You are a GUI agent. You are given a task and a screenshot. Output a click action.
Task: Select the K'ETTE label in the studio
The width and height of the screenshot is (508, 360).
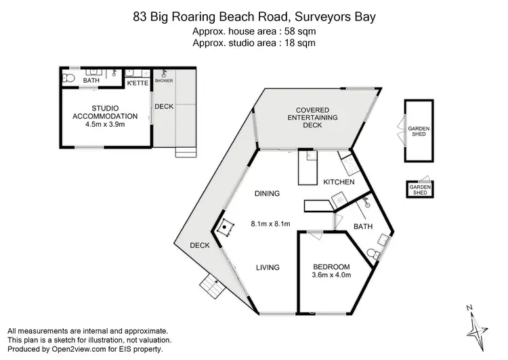pyautogui.click(x=137, y=83)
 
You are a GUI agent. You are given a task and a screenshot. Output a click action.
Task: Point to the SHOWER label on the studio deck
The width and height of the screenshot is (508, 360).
pyautogui.click(x=164, y=80)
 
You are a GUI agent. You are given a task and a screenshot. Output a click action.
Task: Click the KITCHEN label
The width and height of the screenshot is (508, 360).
pyautogui.click(x=339, y=182)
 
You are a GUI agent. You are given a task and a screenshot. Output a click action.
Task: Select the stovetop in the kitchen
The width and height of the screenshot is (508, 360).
pyautogui.click(x=346, y=164)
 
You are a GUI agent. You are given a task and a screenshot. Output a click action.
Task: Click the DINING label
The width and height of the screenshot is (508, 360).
pyautogui.click(x=267, y=194)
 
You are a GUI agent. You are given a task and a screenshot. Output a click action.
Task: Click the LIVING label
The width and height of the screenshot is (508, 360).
pyautogui.click(x=268, y=268)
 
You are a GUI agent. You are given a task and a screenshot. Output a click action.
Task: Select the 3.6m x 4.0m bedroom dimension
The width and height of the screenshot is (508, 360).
pyautogui.click(x=331, y=275)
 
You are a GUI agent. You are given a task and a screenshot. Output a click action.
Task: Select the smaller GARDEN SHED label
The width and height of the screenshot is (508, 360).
pyautogui.click(x=420, y=189)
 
